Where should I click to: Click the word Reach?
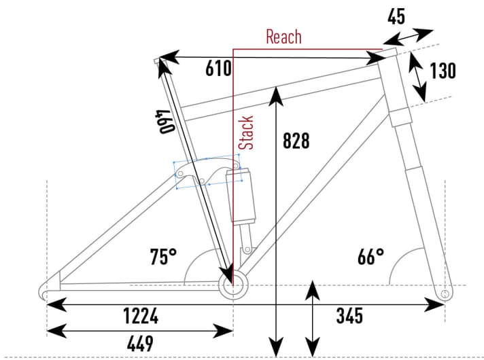pyautogui.click(x=283, y=37)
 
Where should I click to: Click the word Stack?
pyautogui.click(x=247, y=132)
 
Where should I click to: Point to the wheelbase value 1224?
pyautogui.click(x=141, y=316)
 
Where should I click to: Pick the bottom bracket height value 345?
pyautogui.click(x=349, y=316)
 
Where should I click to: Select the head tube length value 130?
pyautogui.click(x=443, y=71)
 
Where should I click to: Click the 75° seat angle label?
pyautogui.click(x=163, y=257)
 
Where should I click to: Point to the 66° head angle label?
pyautogui.click(x=370, y=257)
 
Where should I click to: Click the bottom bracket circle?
pyautogui.click(x=232, y=286)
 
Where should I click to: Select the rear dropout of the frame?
pyautogui.click(x=44, y=291)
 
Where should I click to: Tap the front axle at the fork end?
pyautogui.click(x=445, y=293)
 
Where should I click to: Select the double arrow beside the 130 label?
pyautogui.click(x=417, y=76)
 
